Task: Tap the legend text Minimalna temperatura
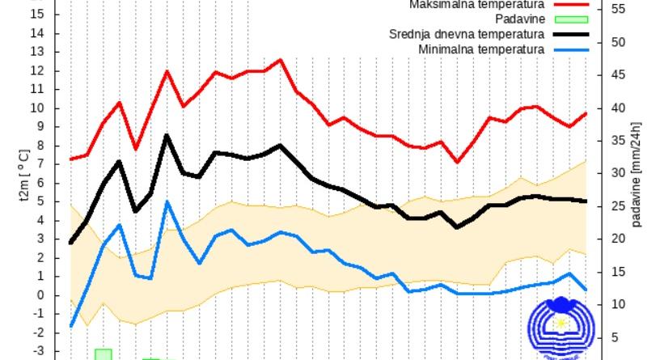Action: click(481, 49)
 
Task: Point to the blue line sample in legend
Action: click(572, 49)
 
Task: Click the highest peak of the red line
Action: click(280, 60)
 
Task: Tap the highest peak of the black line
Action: click(167, 135)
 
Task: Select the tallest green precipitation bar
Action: click(103, 354)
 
